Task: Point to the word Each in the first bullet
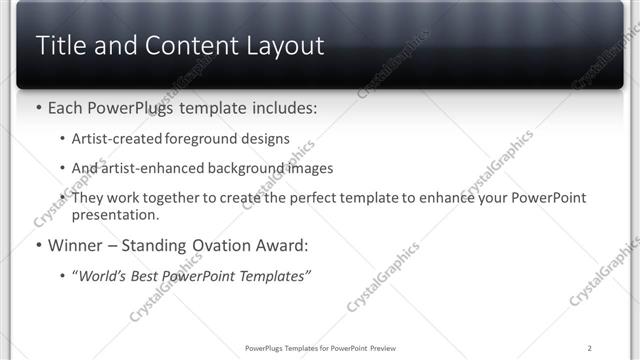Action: pos(66,107)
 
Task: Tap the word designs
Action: pos(267,139)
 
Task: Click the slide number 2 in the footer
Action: pos(590,348)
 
